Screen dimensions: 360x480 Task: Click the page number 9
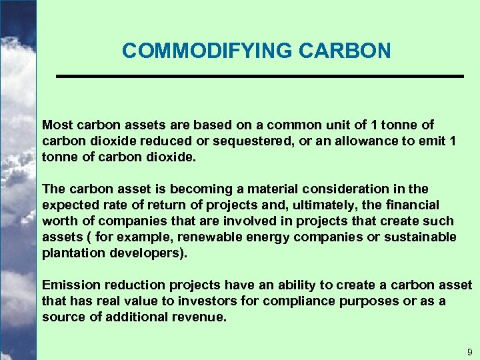[x=469, y=351]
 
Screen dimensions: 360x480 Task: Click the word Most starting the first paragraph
[x=56, y=125]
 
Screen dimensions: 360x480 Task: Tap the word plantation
[x=71, y=253]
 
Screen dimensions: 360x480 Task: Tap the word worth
[x=57, y=221]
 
